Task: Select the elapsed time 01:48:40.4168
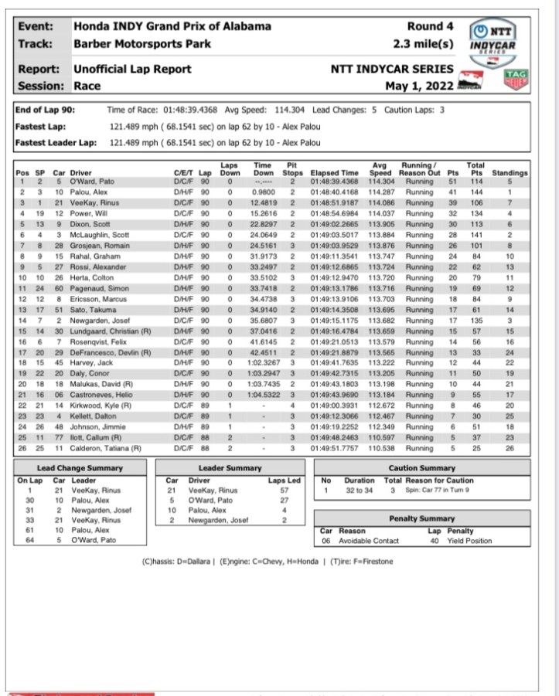(x=335, y=192)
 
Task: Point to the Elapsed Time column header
(x=335, y=174)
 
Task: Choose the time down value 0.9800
(x=263, y=192)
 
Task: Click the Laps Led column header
(x=284, y=479)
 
